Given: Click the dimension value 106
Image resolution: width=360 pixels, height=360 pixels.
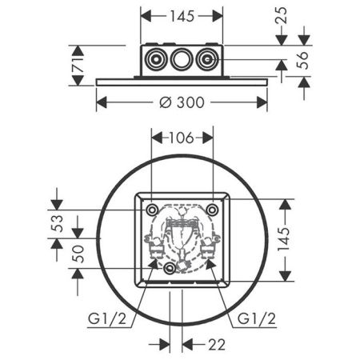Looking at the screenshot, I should (x=182, y=138).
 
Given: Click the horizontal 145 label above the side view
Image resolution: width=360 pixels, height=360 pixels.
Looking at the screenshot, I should (x=182, y=16).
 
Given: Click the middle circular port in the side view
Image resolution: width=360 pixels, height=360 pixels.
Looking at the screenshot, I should (x=182, y=59).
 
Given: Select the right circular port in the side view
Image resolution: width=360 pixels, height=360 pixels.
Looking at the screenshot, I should (x=209, y=59).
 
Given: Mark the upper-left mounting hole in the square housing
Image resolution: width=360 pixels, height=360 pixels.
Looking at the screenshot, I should (x=152, y=209).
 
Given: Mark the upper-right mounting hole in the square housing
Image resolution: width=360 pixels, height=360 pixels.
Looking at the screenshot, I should (x=212, y=209).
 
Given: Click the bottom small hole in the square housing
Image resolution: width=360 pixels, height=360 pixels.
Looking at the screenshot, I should (x=169, y=270).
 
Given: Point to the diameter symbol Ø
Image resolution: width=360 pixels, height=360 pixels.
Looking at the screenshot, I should (x=163, y=102).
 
